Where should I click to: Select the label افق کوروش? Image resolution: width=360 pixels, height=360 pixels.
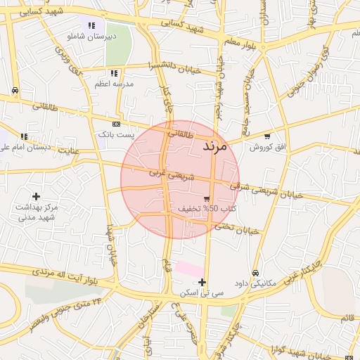[267, 146]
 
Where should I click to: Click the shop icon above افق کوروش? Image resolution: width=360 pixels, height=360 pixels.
[267, 136]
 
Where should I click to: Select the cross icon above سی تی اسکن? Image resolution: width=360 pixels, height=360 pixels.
[202, 282]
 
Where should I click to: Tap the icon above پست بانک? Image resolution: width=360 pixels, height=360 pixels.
[115, 124]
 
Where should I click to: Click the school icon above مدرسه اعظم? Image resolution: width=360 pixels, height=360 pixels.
[114, 73]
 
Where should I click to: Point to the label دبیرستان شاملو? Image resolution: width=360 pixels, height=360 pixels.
[92, 35]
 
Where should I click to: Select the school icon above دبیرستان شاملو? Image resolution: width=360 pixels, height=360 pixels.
[91, 25]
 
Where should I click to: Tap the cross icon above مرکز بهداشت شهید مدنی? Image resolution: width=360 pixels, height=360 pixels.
[37, 195]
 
